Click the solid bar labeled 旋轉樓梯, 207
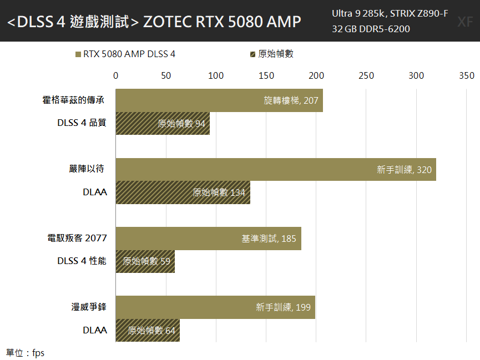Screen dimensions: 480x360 (219, 100)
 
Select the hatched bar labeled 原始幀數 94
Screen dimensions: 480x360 (163, 123)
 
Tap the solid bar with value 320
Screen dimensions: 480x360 (276, 170)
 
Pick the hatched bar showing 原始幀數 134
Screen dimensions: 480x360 (183, 192)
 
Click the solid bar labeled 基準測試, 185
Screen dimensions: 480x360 (209, 239)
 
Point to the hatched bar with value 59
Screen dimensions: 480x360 (145, 261)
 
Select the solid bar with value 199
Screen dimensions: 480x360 (215, 307)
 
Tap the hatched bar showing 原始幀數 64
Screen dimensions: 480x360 (148, 330)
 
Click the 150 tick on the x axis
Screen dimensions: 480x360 (266, 75)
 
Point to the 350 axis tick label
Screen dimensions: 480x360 (467, 75)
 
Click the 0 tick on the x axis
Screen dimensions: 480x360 (116, 75)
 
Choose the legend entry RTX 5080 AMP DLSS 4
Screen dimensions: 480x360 (125, 54)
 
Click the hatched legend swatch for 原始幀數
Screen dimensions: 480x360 (252, 54)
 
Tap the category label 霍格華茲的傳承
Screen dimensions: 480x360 (73, 100)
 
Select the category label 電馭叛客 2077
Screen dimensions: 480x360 (77, 238)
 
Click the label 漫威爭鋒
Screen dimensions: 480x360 (89, 307)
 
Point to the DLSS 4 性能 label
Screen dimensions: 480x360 (82, 261)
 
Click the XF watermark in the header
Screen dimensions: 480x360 (465, 22)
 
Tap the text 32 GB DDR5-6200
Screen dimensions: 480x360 (371, 29)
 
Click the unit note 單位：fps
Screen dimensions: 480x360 (25, 353)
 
